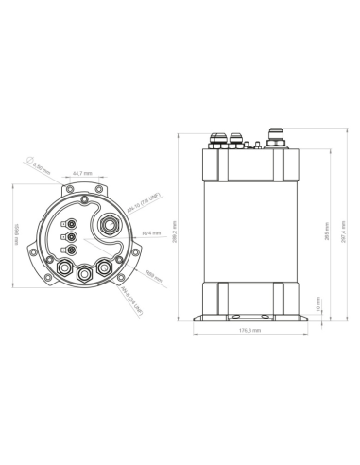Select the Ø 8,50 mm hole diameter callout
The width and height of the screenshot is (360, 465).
pyautogui.click(x=40, y=167)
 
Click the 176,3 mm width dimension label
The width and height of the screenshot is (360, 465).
pyautogui.click(x=250, y=330)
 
